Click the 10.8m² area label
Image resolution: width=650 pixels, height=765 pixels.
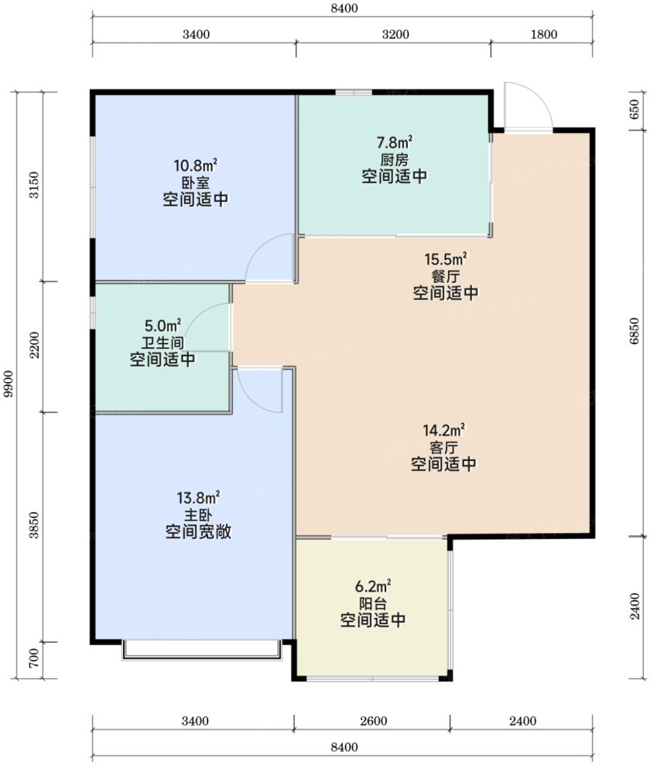coord(195,166)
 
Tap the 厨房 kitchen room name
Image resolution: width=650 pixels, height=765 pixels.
coord(394,159)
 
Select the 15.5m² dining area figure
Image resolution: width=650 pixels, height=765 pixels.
coord(446,258)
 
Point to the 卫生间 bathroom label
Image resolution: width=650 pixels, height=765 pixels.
coord(162,343)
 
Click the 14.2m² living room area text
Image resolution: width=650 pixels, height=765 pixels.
coord(443,430)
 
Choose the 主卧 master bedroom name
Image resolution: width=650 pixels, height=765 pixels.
coord(197,514)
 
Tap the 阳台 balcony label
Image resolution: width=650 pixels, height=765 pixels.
coord(373,603)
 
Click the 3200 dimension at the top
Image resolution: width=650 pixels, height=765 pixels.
coord(395,34)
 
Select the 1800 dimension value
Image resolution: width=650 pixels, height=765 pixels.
coord(544,34)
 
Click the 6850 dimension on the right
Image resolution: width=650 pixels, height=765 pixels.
coord(635,331)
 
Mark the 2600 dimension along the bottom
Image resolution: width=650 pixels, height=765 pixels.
coord(373,721)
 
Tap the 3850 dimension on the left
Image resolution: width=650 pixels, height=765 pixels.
coord(34,525)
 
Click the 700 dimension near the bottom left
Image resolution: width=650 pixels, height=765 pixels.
coord(34,659)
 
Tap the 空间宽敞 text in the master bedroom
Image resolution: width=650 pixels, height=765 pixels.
coord(197,531)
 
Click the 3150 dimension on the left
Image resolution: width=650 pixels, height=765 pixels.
coord(34,185)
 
